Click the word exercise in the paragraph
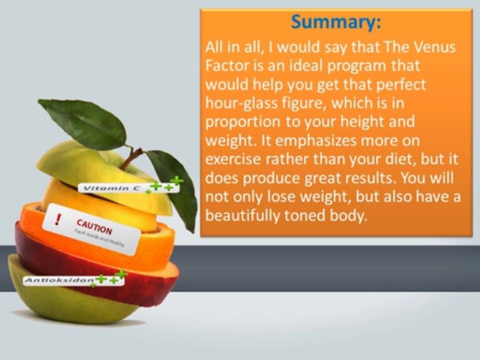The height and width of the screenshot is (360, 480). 233,159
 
